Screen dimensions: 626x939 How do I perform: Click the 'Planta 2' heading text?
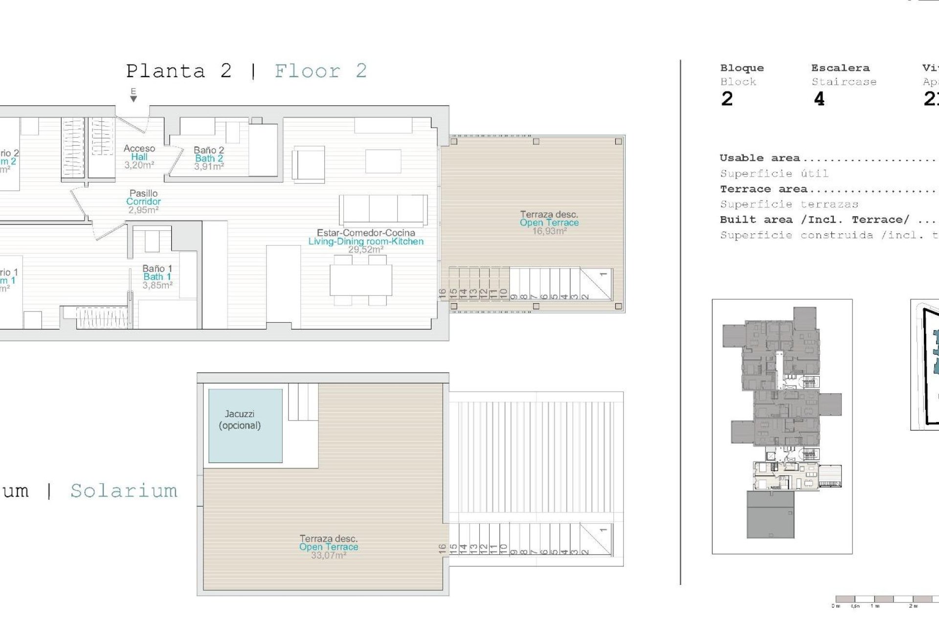[179, 71]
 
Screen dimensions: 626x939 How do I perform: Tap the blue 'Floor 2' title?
[320, 71]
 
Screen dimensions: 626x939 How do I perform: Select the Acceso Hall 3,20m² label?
[139, 156]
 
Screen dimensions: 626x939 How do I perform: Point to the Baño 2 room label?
[209, 158]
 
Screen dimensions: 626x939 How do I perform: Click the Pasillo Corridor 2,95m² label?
[143, 201]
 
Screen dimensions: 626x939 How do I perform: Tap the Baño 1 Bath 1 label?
[157, 277]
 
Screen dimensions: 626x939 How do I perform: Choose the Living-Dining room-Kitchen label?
[366, 241]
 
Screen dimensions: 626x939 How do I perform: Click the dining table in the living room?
[361, 280]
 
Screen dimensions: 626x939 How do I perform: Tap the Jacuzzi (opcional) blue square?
[245, 425]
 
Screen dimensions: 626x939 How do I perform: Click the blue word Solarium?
[124, 491]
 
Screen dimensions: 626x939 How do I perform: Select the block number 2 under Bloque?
[727, 99]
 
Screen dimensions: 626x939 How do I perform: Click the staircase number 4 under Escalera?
[819, 99]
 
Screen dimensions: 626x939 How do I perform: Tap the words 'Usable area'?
[760, 158]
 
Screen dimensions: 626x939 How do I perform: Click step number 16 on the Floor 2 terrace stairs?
[443, 293]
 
